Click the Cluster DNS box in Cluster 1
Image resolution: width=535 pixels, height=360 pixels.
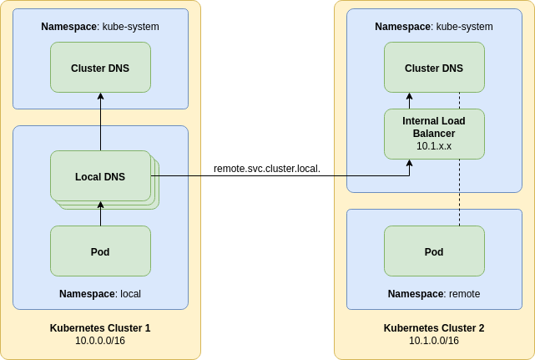(100, 68)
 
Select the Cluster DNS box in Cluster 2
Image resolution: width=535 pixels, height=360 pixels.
(434, 68)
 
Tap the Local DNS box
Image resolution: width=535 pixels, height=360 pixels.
(100, 176)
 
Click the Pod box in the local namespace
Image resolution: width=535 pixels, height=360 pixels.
(100, 251)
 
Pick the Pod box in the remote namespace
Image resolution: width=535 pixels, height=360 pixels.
(434, 251)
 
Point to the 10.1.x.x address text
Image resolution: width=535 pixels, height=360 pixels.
(434, 146)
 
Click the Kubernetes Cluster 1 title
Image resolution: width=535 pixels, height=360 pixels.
(100, 328)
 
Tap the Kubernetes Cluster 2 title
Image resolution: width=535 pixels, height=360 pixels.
(434, 328)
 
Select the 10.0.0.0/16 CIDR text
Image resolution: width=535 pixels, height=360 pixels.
(100, 341)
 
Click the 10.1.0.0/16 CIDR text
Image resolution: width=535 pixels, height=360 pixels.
(434, 341)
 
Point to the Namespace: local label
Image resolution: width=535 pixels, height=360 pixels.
(100, 294)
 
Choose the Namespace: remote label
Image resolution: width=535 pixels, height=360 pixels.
(434, 294)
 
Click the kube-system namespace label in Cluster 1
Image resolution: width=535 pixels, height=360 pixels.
(100, 27)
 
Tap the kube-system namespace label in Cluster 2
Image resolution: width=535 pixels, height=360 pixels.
(434, 27)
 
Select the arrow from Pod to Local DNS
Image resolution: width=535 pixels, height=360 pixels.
(100, 214)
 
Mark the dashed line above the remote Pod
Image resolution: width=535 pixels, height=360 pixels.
(459, 192)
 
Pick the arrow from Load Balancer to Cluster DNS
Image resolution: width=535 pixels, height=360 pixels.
(409, 101)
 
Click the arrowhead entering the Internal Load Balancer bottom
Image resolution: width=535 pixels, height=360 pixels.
(409, 164)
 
